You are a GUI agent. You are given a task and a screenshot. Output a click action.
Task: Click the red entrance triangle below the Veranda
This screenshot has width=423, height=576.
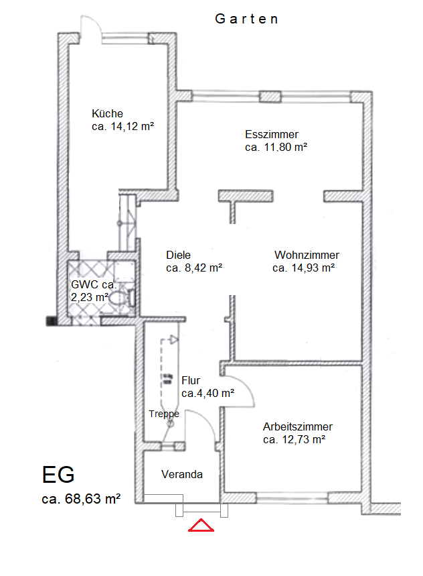pos(201,525)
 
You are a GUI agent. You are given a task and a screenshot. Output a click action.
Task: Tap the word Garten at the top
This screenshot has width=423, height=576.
pos(246,19)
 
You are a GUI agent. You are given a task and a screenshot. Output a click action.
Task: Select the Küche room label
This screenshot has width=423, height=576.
pos(108,113)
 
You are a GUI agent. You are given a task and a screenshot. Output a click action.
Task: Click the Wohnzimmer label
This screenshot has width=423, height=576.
pos(307,255)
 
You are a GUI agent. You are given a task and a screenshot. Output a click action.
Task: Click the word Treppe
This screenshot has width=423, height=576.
pos(164,414)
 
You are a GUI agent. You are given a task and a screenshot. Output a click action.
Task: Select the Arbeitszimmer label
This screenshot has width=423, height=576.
pos(298,426)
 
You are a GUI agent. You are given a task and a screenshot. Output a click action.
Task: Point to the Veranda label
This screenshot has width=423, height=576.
pos(182,474)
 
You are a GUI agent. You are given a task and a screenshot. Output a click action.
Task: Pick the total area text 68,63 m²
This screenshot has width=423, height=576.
pos(81,499)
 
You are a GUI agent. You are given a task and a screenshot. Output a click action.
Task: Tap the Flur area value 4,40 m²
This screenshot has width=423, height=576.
pos(207,393)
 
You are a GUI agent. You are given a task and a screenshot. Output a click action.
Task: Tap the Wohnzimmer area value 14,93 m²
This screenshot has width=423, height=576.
pos(304,268)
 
